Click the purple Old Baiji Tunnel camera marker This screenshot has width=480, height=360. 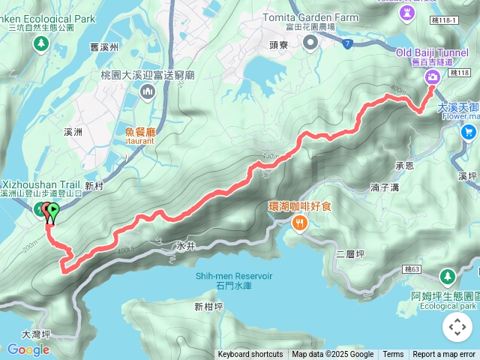coord(433,78)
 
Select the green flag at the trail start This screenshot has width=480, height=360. coord(52,211)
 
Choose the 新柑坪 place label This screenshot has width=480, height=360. coord(208,306)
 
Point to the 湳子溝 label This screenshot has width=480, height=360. coord(385,188)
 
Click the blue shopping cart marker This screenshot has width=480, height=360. coord(469,133)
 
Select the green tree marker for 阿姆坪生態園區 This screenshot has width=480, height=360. coord(447,277)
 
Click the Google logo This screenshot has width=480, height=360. coord(28,349)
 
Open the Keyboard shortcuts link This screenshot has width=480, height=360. coord(250,355)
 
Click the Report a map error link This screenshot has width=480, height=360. coord(444,355)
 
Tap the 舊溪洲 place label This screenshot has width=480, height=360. coord(102,46)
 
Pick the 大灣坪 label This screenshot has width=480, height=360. coord(35,334)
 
